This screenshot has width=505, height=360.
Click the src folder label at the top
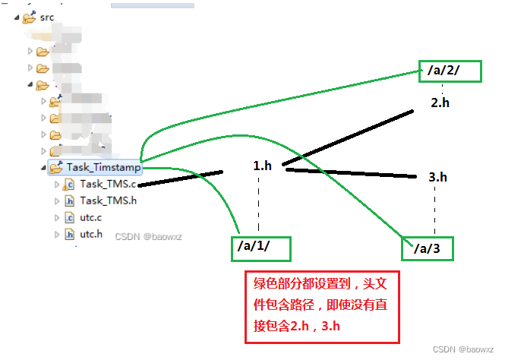coord(48,17)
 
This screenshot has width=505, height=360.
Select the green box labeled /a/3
coord(426,248)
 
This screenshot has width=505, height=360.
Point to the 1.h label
coord(262,165)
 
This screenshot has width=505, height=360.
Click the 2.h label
coord(440,103)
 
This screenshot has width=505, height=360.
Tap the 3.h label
coord(437,177)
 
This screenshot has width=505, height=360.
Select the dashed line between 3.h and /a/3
coord(434,209)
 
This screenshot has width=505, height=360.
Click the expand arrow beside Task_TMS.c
coord(56,184)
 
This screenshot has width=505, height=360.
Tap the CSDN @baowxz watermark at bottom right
coord(463,349)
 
